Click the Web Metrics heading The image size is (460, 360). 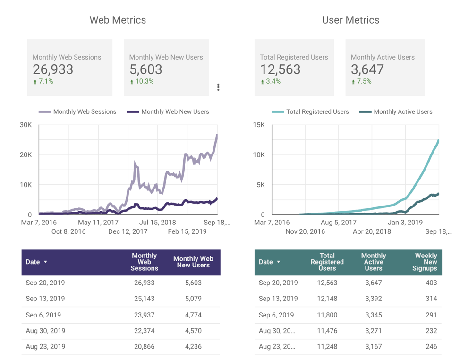[x=118, y=20]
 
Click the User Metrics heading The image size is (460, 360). [x=350, y=20]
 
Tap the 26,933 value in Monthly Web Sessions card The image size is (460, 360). [x=53, y=69]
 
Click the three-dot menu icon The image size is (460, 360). [x=218, y=87]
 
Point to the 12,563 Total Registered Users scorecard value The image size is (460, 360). [x=280, y=69]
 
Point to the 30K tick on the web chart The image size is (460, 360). [x=26, y=125]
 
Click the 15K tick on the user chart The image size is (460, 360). [x=258, y=125]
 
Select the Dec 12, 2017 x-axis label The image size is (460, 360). [x=128, y=231]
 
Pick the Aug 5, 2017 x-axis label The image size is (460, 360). [x=338, y=222]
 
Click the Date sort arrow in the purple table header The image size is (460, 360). [x=46, y=262]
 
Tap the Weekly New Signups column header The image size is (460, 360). [x=426, y=262]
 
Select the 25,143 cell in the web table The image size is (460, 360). [x=144, y=299]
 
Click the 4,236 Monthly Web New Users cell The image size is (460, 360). [x=193, y=346]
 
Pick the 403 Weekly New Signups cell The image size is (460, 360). [x=430, y=283]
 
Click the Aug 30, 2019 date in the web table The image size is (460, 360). [x=45, y=331]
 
